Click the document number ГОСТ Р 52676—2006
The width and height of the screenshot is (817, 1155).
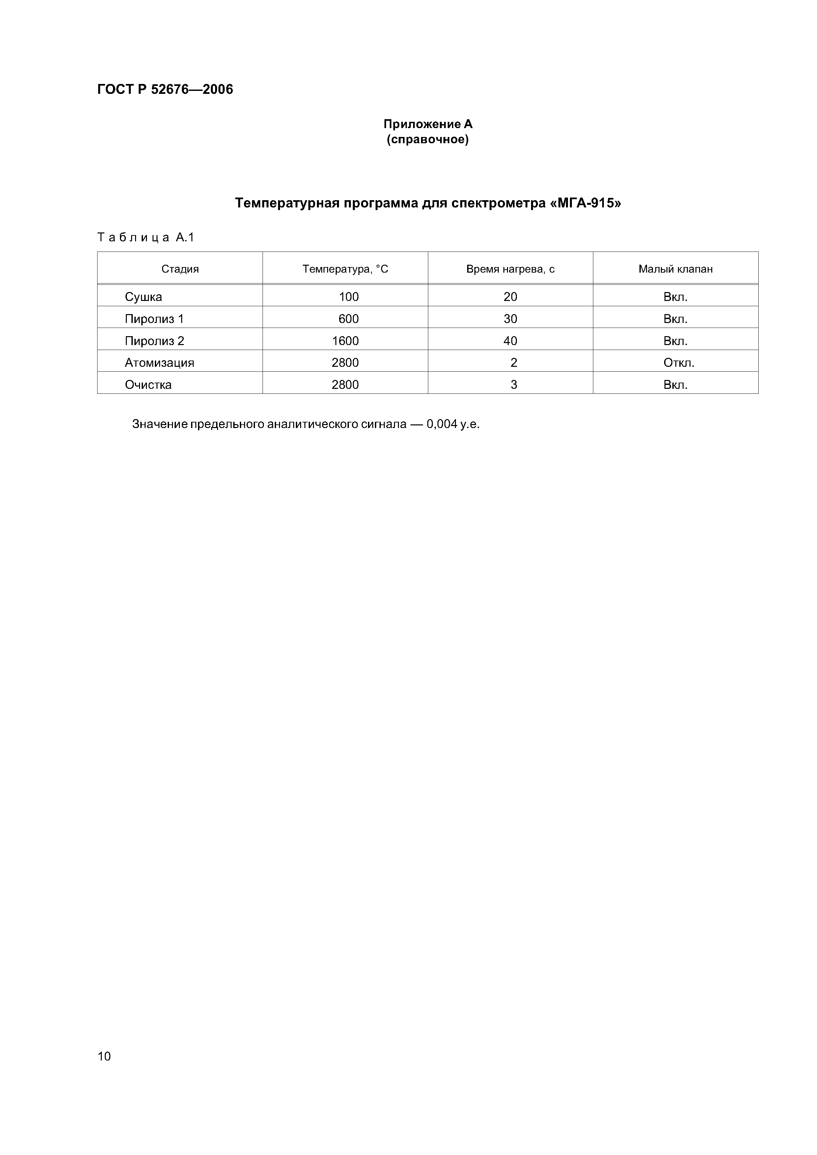click(x=165, y=90)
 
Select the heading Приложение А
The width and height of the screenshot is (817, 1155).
click(x=428, y=124)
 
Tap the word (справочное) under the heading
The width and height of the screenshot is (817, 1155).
click(x=428, y=139)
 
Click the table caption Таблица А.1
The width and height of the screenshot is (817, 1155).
click(x=146, y=237)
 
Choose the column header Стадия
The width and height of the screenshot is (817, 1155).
click(x=180, y=269)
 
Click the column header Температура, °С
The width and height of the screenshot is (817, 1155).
click(x=345, y=269)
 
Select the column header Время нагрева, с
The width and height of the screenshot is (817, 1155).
click(x=510, y=269)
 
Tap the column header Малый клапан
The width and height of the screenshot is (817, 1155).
click(x=676, y=269)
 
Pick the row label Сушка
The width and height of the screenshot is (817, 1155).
click(x=143, y=297)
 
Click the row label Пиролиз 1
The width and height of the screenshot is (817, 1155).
click(x=155, y=319)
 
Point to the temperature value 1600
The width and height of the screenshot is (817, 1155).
click(x=345, y=341)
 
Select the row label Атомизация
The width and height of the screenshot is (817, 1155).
click(x=159, y=363)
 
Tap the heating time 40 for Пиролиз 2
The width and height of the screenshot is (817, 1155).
click(x=510, y=341)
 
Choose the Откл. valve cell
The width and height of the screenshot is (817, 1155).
click(x=679, y=363)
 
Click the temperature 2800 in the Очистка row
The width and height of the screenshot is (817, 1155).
click(x=345, y=385)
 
